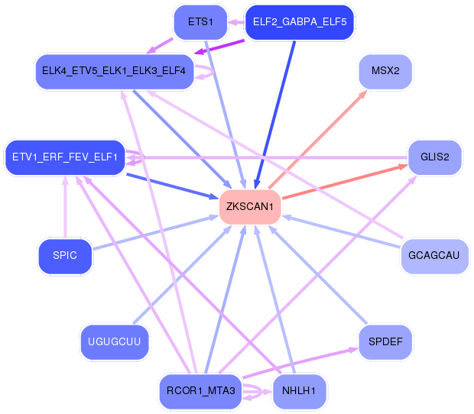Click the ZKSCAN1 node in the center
click(250, 207)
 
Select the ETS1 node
click(200, 22)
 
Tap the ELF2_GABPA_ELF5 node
click(300, 22)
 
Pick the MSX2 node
click(385, 71)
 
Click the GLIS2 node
click(434, 157)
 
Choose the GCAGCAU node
click(434, 255)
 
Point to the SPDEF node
click(385, 341)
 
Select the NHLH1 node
click(299, 390)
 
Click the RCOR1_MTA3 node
click(201, 390)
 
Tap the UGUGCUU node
click(115, 341)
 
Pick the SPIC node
click(66, 255)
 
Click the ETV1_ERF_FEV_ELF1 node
click(65, 157)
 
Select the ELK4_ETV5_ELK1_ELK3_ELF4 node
click(114, 71)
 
